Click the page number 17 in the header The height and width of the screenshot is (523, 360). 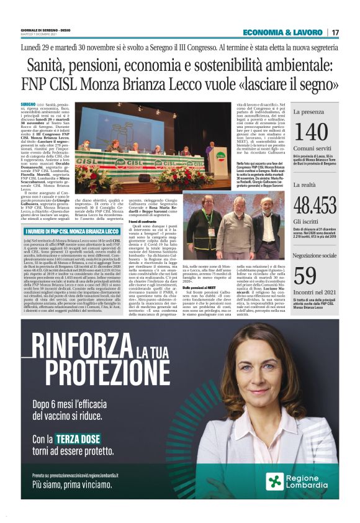click(x=335, y=32)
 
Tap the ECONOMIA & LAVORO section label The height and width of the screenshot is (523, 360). click(x=282, y=32)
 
